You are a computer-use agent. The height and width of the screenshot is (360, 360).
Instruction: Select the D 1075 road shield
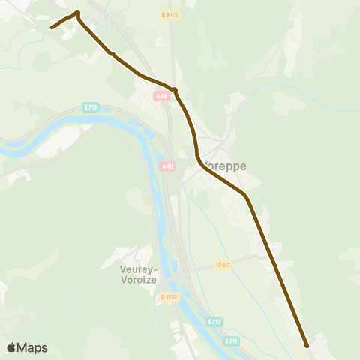tap(170, 15)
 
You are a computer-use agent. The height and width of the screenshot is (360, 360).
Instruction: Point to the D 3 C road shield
tap(223, 265)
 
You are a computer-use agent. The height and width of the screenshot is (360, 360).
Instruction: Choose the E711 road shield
tap(232, 341)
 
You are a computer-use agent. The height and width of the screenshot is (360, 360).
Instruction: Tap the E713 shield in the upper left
tap(91, 107)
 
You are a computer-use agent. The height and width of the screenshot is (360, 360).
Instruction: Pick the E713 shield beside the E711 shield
tap(214, 322)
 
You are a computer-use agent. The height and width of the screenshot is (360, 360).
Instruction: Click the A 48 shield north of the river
tap(162, 96)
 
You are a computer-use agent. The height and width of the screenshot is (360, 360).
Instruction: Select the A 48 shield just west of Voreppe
tap(167, 166)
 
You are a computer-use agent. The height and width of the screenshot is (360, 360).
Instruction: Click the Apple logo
tap(11, 347)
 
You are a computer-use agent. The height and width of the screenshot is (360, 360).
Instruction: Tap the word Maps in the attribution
tap(33, 347)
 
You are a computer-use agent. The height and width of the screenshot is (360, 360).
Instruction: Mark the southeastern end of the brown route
tap(307, 346)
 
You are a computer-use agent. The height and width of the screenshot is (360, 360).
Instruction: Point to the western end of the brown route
tap(52, 28)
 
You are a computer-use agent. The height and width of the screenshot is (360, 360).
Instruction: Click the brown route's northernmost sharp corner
tap(77, 13)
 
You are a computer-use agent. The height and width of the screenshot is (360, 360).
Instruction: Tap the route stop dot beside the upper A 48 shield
tap(174, 90)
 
